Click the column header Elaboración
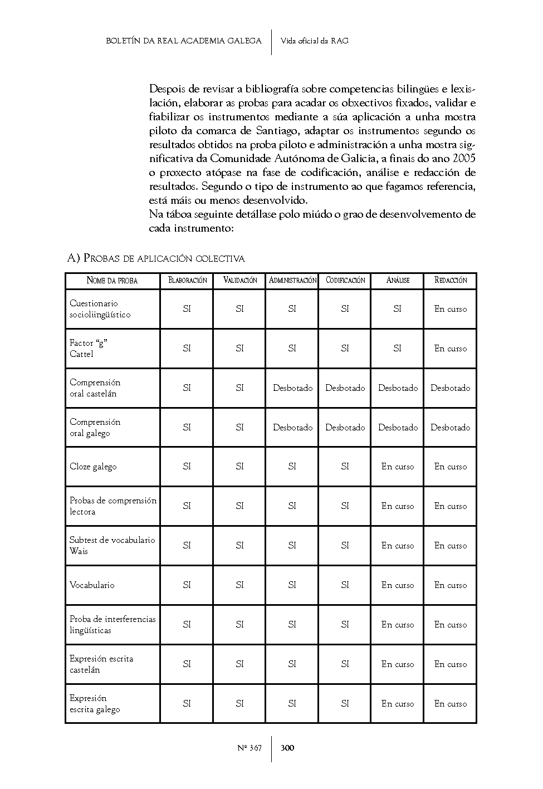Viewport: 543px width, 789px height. [x=187, y=281]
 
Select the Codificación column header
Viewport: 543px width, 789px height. [x=345, y=281]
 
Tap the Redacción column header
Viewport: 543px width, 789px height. [x=451, y=281]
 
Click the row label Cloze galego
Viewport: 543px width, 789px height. [x=93, y=467]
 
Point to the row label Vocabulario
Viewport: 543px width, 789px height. [x=92, y=585]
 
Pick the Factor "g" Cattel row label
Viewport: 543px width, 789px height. [x=88, y=349]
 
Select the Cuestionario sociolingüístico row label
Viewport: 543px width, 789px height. [x=100, y=309]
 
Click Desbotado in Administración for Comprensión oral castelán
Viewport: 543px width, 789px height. [x=292, y=388]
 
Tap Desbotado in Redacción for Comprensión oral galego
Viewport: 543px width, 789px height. [x=450, y=428]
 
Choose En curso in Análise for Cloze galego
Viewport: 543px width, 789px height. [x=398, y=467]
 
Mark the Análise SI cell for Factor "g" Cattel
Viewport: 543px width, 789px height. [x=398, y=349]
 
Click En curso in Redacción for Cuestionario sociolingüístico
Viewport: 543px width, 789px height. [x=451, y=309]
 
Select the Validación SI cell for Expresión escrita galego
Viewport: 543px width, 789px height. [x=240, y=704]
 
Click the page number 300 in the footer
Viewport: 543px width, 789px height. [x=287, y=748]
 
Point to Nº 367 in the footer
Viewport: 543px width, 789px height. [x=250, y=748]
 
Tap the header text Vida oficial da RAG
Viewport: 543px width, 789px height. [x=315, y=41]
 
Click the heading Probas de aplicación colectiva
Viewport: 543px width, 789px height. [x=156, y=258]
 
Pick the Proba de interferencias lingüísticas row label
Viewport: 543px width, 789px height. [x=112, y=625]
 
